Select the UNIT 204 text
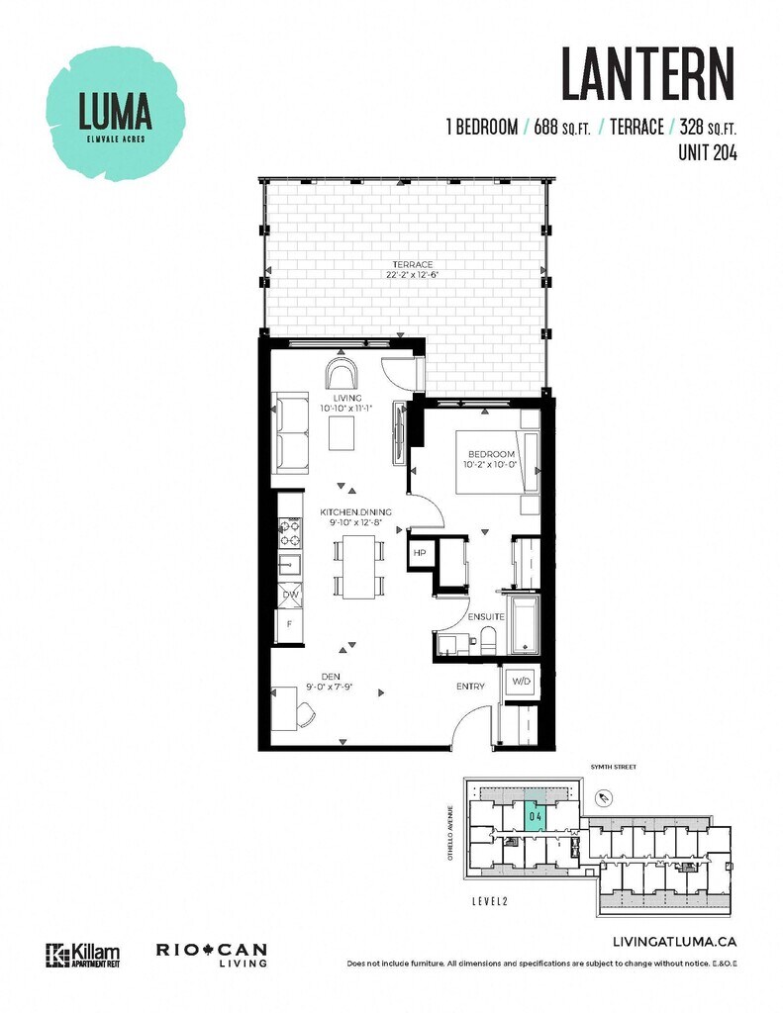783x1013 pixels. tap(708, 152)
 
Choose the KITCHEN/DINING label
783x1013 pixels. tap(355, 511)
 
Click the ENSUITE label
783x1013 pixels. tap(486, 616)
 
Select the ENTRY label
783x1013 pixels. tap(470, 686)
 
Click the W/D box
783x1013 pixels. tap(519, 682)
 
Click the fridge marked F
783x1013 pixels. tap(290, 625)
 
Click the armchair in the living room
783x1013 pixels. tap(343, 375)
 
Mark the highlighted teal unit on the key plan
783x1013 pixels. tap(534, 817)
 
